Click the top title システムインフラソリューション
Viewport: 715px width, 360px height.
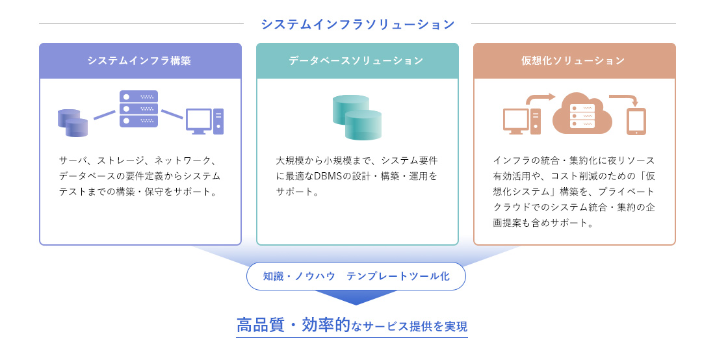pyautogui.click(x=357, y=24)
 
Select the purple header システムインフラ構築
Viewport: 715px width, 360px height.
pyautogui.click(x=140, y=60)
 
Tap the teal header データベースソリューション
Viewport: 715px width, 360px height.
pyautogui.click(x=357, y=60)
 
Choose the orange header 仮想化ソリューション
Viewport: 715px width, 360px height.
pyautogui.click(x=574, y=60)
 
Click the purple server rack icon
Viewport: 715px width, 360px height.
pyautogui.click(x=138, y=109)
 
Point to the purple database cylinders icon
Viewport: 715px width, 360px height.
pyautogui.click(x=73, y=123)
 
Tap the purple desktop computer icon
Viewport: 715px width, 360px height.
pyautogui.click(x=205, y=121)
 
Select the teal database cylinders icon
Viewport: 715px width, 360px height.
pyautogui.click(x=357, y=117)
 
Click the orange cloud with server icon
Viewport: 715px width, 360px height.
pyautogui.click(x=582, y=116)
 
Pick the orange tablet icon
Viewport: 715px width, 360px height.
pyautogui.click(x=636, y=122)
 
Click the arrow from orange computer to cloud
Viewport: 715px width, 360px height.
pyautogui.click(x=539, y=99)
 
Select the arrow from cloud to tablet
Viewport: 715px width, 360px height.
pyautogui.click(x=625, y=99)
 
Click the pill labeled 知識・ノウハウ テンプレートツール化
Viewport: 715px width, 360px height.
pyautogui.click(x=356, y=276)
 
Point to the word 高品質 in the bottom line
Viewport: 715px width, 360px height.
pyautogui.click(x=260, y=326)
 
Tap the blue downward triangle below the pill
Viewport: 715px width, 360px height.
pyautogui.click(x=356, y=297)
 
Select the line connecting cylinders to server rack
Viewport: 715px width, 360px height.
pyautogui.click(x=104, y=115)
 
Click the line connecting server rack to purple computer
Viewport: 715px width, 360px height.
pyautogui.click(x=172, y=114)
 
